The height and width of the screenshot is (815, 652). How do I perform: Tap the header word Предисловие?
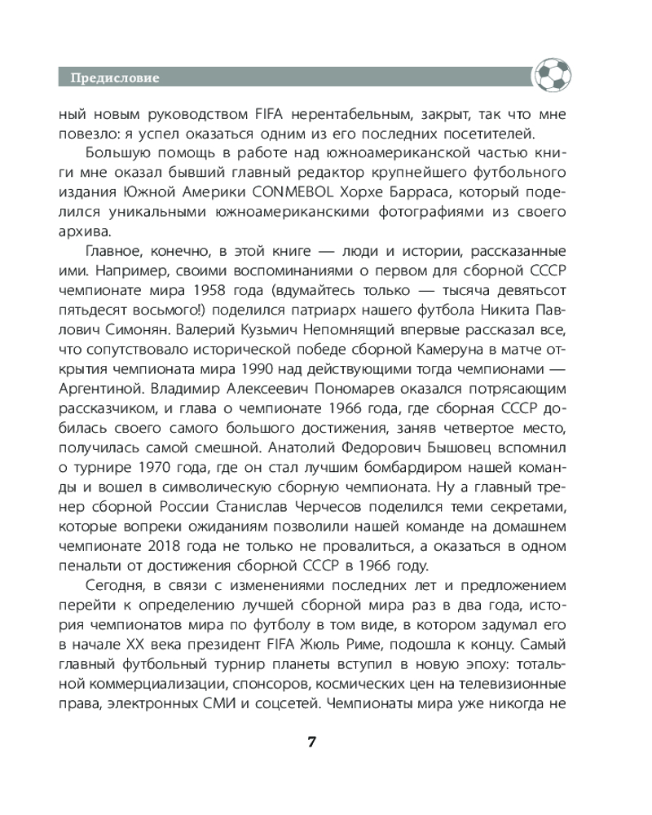click(114, 78)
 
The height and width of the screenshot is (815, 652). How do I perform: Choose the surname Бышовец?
click(456, 448)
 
